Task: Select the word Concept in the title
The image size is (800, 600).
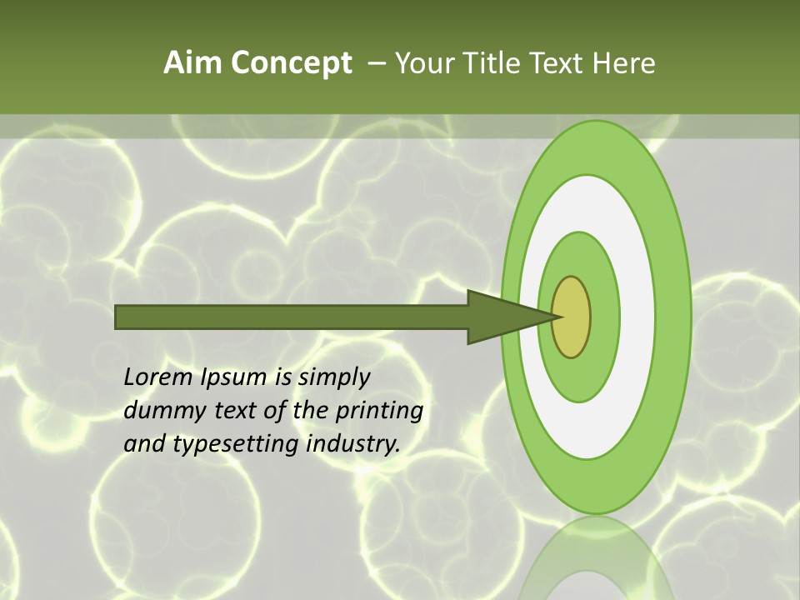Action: click(x=292, y=63)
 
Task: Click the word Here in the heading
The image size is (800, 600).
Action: click(x=623, y=63)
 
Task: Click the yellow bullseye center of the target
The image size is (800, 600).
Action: click(x=572, y=317)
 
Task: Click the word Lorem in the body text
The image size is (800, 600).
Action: click(x=158, y=377)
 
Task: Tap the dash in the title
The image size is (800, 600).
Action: click(x=376, y=64)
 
